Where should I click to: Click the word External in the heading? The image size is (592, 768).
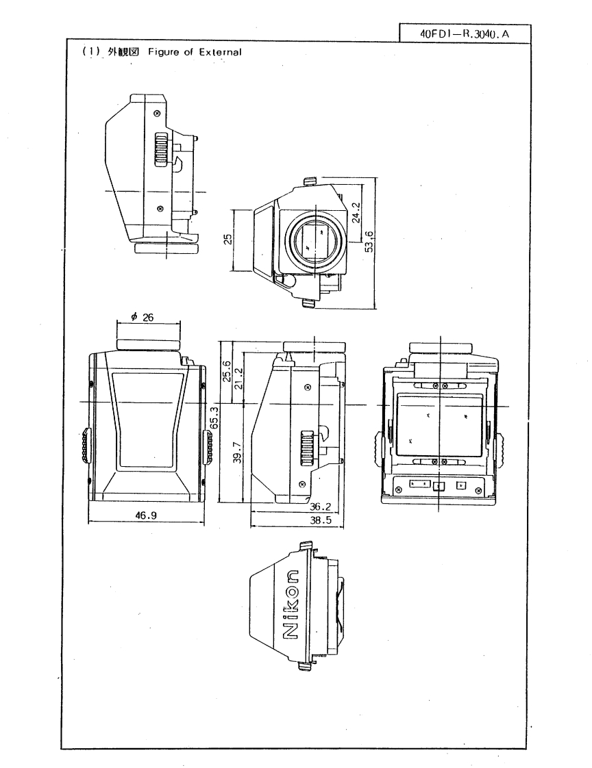(220, 54)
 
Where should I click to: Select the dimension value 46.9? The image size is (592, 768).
(145, 516)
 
